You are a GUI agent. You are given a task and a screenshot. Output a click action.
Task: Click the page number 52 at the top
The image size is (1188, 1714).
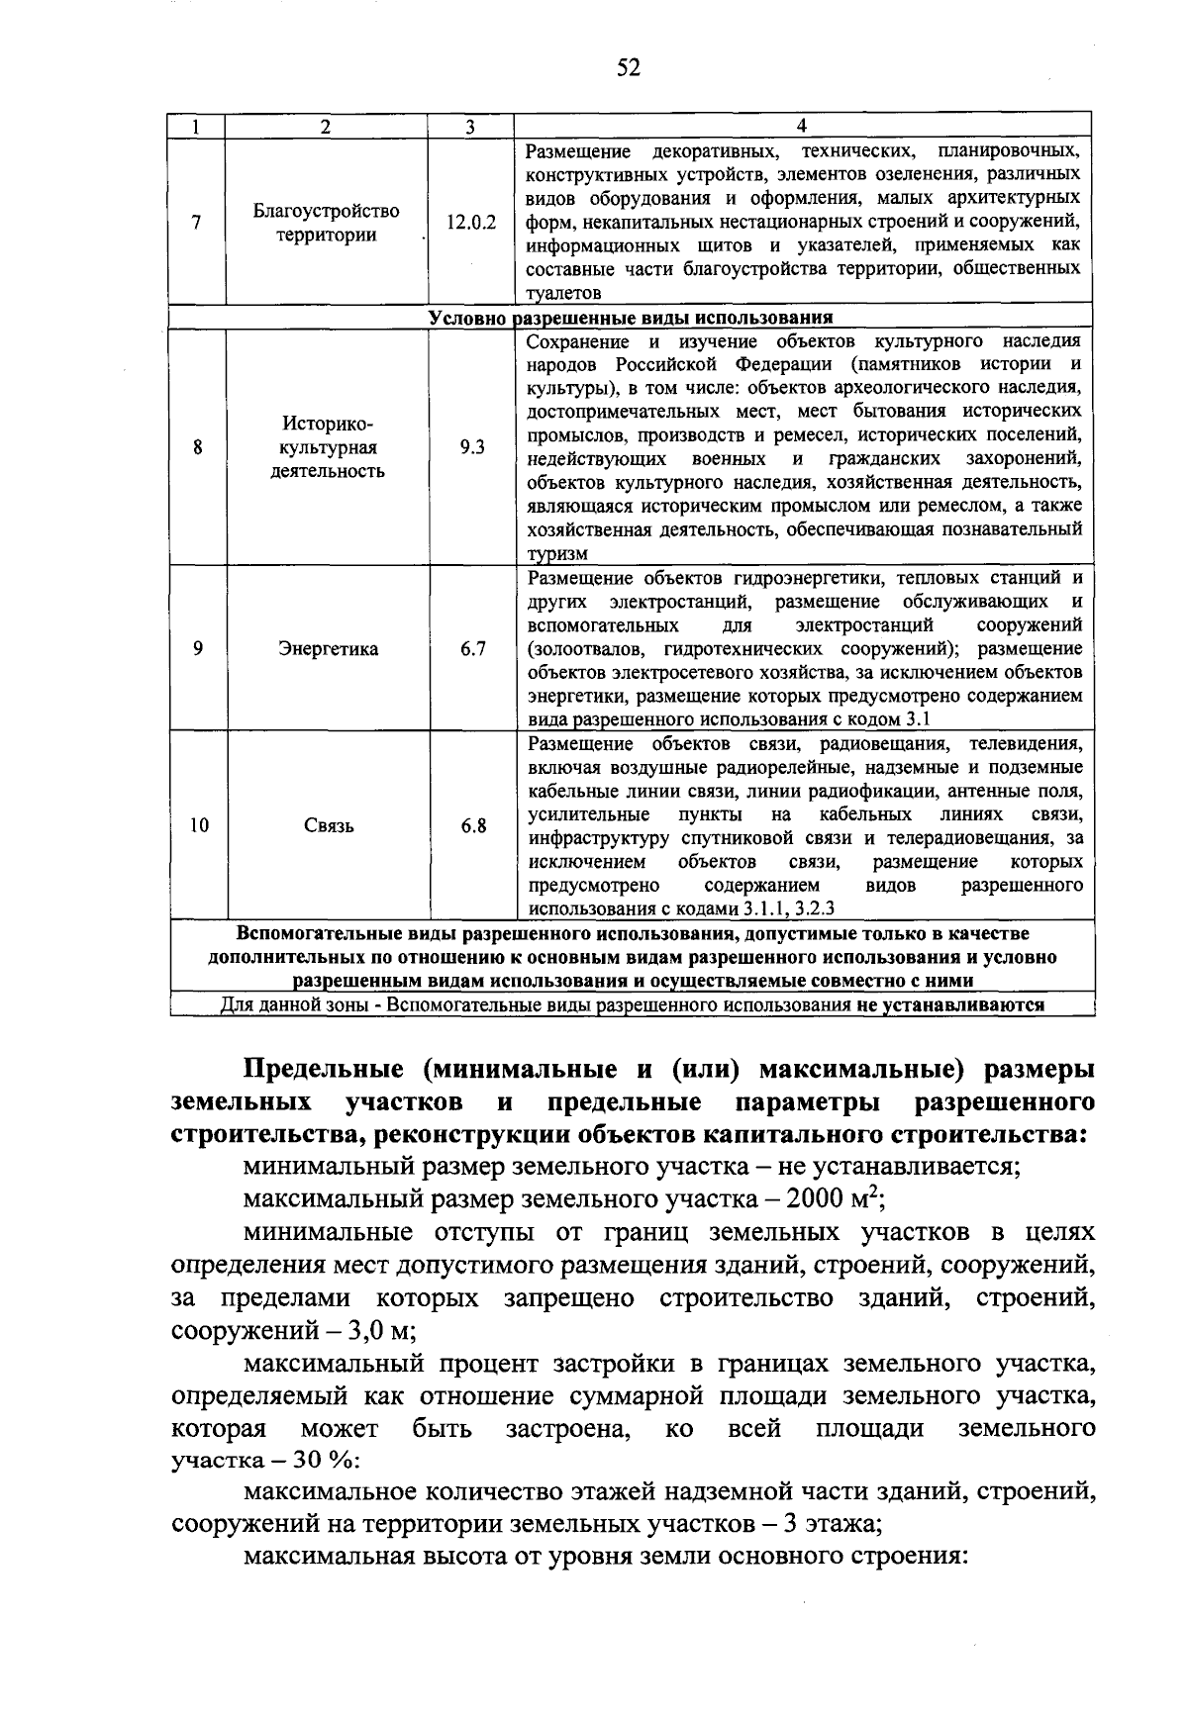click(629, 67)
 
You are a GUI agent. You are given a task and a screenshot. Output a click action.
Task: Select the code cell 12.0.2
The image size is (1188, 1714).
click(471, 223)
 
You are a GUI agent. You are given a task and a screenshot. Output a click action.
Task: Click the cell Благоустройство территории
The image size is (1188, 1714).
click(327, 223)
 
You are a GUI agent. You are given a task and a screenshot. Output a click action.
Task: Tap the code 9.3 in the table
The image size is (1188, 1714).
click(472, 447)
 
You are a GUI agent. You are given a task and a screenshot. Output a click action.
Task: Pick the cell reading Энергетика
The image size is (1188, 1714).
click(327, 649)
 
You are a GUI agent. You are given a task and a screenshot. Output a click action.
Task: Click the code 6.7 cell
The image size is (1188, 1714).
click(472, 649)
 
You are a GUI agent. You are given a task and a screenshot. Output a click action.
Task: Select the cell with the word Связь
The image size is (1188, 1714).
click(329, 826)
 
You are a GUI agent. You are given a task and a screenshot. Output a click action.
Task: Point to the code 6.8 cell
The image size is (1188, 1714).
click(473, 826)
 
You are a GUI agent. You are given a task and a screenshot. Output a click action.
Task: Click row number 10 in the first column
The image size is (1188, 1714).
click(199, 826)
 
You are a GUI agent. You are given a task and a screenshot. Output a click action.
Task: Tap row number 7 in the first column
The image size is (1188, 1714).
click(198, 223)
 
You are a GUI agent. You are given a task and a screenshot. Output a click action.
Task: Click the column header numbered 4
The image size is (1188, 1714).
click(802, 126)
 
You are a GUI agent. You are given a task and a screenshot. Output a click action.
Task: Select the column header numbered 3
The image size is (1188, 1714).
click(471, 126)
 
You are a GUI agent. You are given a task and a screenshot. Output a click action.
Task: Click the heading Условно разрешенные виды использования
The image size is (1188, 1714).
click(630, 318)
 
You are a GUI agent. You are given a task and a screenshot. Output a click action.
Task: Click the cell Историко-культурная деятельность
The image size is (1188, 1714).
click(328, 447)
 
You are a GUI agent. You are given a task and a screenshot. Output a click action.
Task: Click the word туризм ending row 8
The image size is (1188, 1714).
click(556, 554)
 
